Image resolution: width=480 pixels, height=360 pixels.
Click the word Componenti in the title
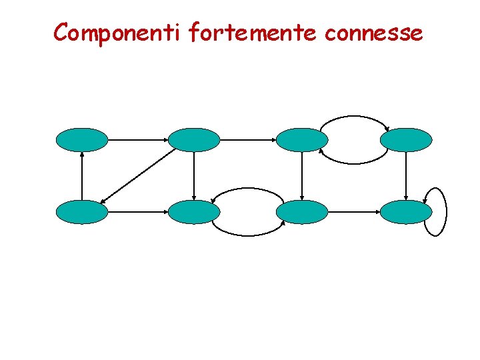117,32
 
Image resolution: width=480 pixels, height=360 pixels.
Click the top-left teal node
81,140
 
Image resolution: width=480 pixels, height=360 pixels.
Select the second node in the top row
193,140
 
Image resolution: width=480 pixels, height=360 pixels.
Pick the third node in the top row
302,140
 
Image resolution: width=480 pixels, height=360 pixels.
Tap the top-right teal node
406,140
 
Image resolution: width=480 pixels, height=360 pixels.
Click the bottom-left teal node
81,212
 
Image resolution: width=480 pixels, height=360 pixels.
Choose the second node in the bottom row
193,212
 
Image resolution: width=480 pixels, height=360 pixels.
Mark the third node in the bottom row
302,212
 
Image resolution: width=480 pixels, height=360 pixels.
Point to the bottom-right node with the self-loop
406,212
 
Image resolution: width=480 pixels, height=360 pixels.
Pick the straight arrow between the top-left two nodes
137,140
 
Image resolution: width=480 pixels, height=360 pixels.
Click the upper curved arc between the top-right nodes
354,117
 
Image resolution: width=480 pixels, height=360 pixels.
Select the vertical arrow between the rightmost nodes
406,176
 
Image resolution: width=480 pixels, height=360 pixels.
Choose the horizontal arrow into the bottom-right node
354,212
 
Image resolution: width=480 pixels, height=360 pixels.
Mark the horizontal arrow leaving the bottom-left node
137,212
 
